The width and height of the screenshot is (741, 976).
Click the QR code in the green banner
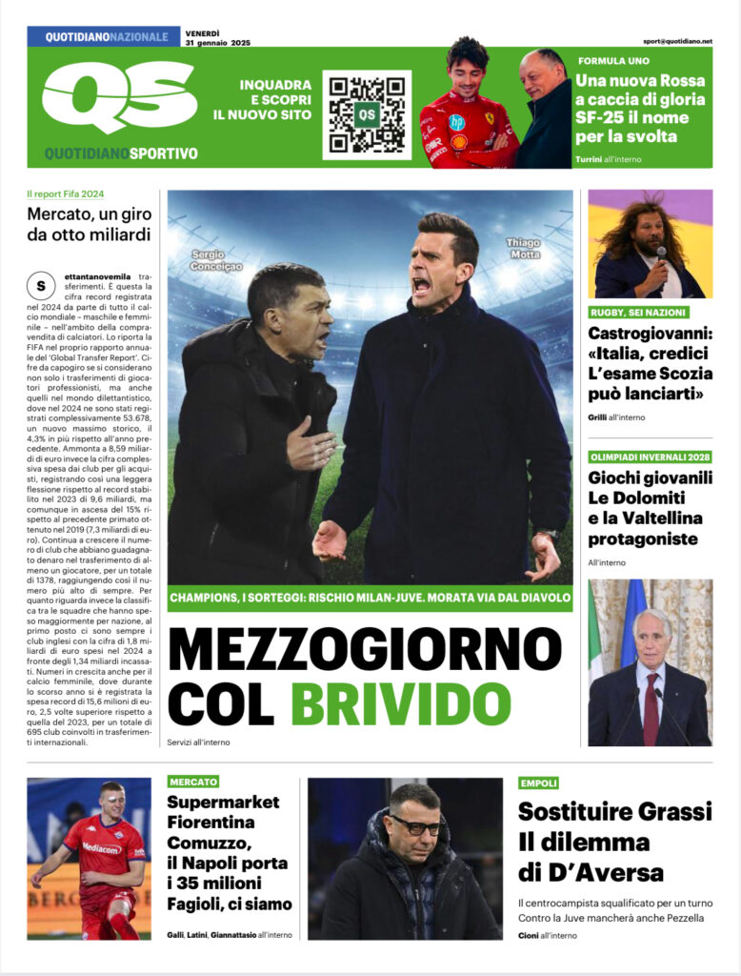[367, 114]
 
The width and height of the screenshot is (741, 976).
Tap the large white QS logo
[119, 95]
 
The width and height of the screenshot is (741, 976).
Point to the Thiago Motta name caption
[523, 250]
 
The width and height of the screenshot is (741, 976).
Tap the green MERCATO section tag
[193, 782]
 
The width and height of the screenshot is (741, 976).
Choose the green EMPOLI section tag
[539, 783]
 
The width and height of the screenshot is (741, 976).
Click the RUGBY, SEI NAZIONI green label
[637, 313]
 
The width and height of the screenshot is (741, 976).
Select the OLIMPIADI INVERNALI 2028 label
[650, 457]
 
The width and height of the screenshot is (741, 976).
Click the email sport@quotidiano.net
[677, 42]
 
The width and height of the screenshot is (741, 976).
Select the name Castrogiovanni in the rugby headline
[649, 334]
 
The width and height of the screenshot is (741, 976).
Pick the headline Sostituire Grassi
[614, 812]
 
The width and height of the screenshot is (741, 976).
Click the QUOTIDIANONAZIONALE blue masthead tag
[104, 37]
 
